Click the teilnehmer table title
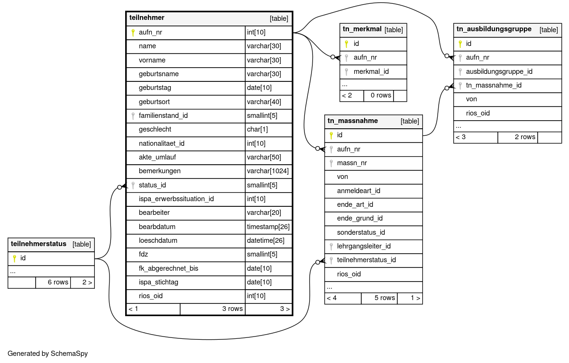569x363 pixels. [x=147, y=18]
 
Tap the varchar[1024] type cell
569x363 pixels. [x=268, y=171]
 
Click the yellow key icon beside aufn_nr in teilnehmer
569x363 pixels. [x=133, y=33]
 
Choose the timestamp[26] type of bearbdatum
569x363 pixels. [x=268, y=227]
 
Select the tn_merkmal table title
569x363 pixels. [x=362, y=29]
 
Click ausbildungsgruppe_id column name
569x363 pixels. [x=499, y=71]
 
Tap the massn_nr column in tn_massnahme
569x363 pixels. [x=352, y=163]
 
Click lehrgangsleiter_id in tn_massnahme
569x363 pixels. [x=364, y=246]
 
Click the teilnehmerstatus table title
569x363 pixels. [x=38, y=244]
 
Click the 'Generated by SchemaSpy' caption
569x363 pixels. [x=48, y=354]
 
